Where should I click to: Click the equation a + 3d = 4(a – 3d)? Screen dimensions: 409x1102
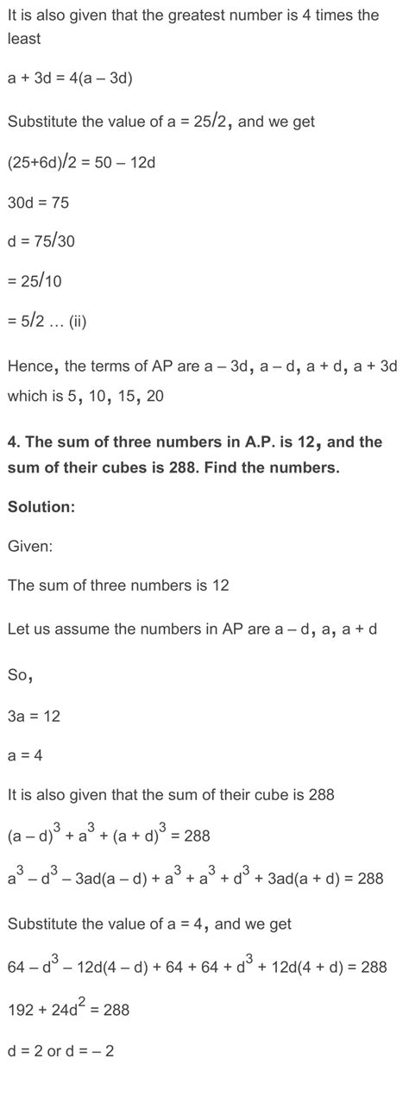click(70, 78)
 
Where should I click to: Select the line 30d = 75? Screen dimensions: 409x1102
click(38, 203)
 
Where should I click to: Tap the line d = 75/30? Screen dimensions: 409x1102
click(41, 241)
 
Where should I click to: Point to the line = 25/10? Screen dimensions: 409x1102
click(35, 281)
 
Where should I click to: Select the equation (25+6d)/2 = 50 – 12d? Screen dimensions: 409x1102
click(81, 162)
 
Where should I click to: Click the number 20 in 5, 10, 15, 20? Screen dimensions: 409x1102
click(155, 397)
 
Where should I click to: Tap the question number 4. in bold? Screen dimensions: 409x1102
click(14, 442)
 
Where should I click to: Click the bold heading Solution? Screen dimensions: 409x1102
click(41, 507)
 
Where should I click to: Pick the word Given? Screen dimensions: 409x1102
click(30, 546)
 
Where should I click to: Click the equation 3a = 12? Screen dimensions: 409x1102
click(34, 717)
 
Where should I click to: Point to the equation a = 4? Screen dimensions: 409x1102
click(25, 755)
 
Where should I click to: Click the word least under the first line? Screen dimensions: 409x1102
click(24, 39)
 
